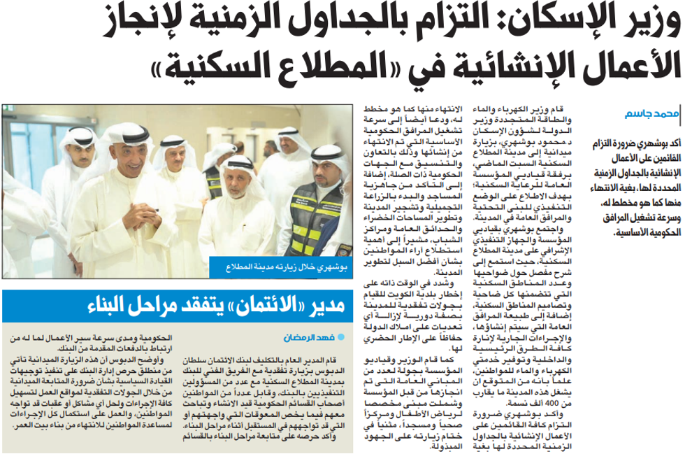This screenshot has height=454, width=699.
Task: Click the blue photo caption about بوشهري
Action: pos(282,267)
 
